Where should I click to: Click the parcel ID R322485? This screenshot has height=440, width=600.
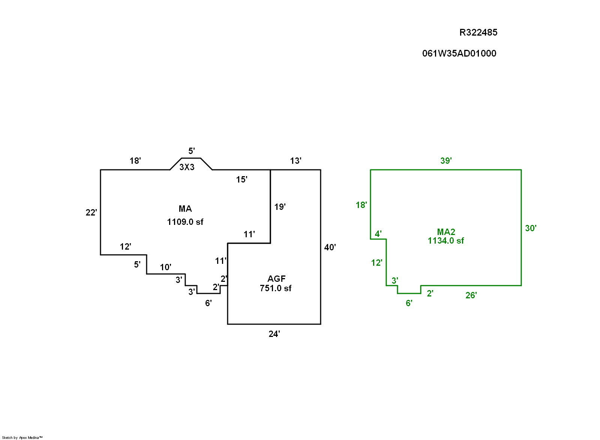(478, 33)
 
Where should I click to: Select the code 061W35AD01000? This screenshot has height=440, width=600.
(459, 54)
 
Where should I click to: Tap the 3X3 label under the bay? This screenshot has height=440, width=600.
(187, 167)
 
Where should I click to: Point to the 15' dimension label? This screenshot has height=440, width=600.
(241, 180)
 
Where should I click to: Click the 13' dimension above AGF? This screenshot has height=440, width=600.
(295, 161)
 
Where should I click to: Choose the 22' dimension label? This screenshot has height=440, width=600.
(91, 213)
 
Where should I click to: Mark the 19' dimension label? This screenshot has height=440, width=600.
(280, 207)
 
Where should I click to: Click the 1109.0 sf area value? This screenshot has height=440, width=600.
(185, 222)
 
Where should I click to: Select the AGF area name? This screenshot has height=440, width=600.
(276, 279)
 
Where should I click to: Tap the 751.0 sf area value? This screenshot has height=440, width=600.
(276, 288)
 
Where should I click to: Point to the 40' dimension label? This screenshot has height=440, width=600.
(330, 247)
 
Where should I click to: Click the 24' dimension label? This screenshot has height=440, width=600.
(274, 334)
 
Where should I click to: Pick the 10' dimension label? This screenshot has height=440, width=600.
(165, 267)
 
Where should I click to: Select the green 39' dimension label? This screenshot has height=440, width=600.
(446, 161)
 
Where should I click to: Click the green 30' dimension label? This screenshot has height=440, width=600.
(531, 228)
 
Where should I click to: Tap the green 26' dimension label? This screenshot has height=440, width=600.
(471, 295)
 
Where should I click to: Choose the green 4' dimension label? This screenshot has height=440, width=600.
(378, 234)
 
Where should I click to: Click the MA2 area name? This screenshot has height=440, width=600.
(446, 232)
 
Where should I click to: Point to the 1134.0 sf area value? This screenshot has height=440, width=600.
(445, 241)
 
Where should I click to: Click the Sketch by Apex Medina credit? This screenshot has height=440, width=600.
(22, 437)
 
